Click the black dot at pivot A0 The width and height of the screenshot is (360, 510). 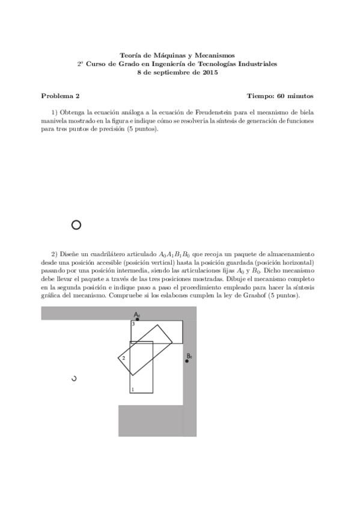pos(138,319)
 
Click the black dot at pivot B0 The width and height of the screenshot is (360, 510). pos(187,361)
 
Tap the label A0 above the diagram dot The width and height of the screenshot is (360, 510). pos(137,314)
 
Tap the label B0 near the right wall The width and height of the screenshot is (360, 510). pos(189,356)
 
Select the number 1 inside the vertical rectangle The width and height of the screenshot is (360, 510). pos(132,390)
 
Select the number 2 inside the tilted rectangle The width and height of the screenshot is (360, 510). pos(124,358)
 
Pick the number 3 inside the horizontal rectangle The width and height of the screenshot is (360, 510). pos(133,325)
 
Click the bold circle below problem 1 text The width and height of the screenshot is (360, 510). pos(76,225)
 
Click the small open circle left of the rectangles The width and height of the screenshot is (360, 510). pos(74,378)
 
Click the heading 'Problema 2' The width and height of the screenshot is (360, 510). pos(60,96)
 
